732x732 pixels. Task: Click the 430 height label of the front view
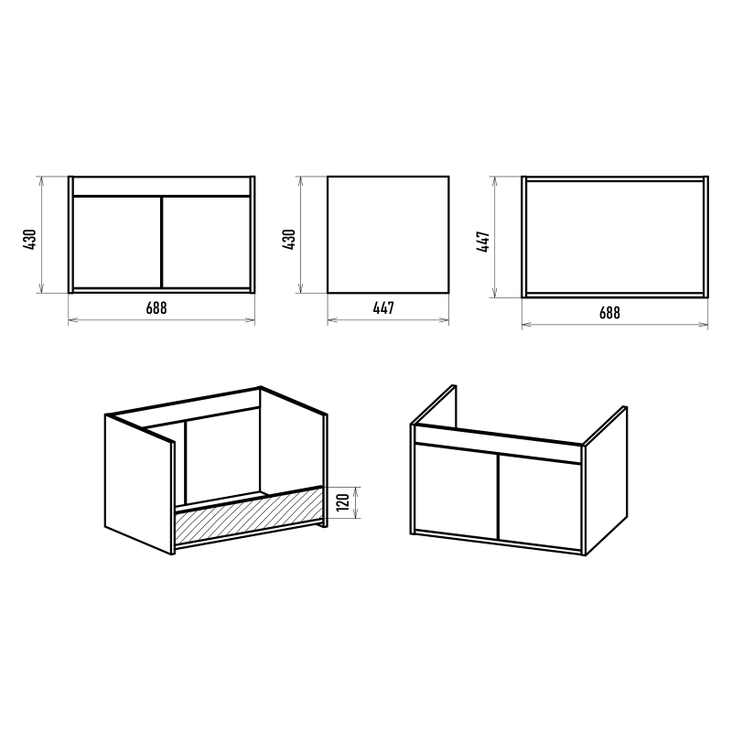coord(29,239)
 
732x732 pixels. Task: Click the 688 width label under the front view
coord(156,308)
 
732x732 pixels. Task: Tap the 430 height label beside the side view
coord(289,239)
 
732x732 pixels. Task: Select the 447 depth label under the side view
coord(383,308)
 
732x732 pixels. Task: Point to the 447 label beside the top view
coord(483,242)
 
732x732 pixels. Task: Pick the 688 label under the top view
coord(609,313)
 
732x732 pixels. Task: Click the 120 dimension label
coord(343,501)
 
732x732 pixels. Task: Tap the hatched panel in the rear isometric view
coord(248,515)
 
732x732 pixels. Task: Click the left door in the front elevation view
coord(117,242)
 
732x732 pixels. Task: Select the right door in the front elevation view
coord(206,242)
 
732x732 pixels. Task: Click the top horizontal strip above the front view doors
coord(162,186)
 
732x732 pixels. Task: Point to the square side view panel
coord(388,235)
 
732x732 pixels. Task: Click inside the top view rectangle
coord(615,237)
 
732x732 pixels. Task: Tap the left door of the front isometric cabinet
coord(456,490)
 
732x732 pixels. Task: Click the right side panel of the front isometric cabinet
coord(606,481)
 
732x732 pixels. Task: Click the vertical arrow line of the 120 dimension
coord(357,502)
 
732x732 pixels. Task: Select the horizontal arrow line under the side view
coord(388,320)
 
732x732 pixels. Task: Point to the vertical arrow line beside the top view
coord(495,237)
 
